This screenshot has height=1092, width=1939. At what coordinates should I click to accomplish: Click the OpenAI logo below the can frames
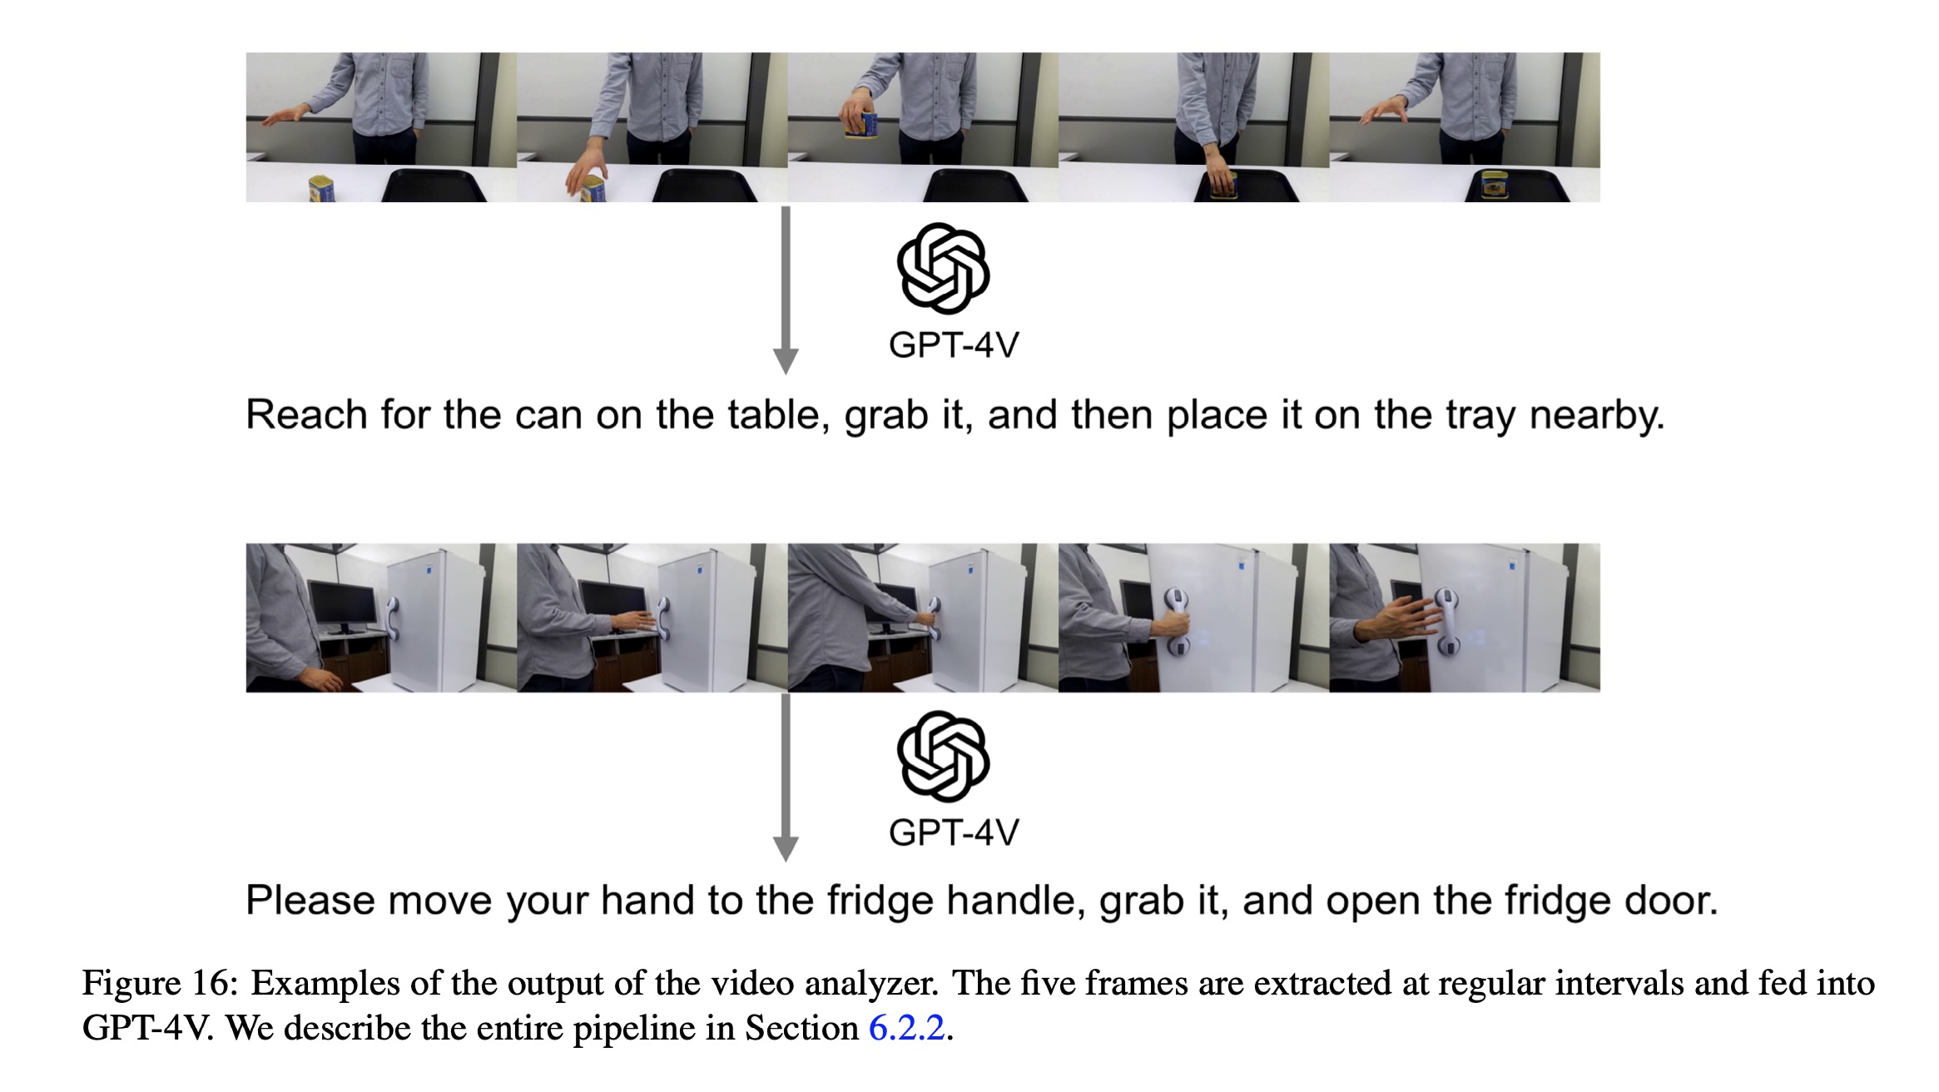tap(943, 268)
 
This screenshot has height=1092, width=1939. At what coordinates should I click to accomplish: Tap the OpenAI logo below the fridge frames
tap(943, 756)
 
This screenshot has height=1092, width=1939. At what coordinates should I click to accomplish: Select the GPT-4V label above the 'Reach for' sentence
tap(954, 345)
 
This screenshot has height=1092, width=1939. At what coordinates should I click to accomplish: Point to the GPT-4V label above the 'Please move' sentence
tap(954, 833)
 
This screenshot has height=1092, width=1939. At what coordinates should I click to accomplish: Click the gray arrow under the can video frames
tap(786, 290)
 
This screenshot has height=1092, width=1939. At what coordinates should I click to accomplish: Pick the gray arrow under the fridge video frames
tap(786, 777)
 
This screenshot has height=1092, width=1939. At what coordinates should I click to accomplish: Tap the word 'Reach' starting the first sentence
tap(306, 414)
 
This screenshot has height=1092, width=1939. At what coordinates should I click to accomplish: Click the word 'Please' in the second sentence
tap(310, 901)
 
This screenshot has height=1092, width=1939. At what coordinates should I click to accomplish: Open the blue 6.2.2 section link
tap(906, 1029)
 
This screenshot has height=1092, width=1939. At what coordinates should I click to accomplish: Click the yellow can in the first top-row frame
tap(322, 188)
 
